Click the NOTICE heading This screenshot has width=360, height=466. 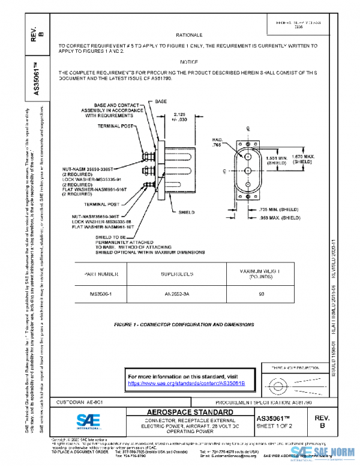coord(188,62)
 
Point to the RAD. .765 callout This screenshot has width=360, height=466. coord(218,142)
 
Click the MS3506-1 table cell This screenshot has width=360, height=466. coord(101,294)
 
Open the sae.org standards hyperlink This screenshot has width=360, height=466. coord(187,383)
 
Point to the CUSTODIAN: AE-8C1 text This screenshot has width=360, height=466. coord(82,401)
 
